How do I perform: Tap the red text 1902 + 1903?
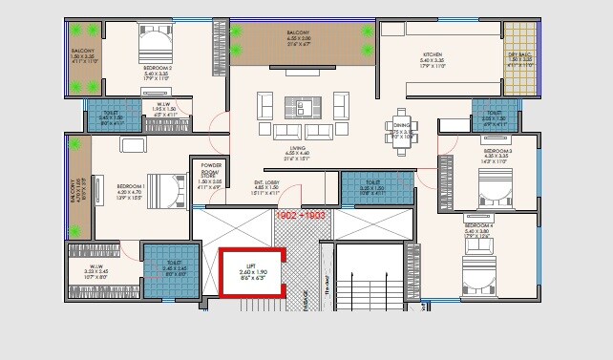point(301,217)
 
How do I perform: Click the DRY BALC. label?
point(520,62)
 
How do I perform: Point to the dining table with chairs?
point(400,123)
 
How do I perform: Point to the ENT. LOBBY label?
point(292,185)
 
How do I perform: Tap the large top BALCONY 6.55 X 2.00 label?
point(296,38)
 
